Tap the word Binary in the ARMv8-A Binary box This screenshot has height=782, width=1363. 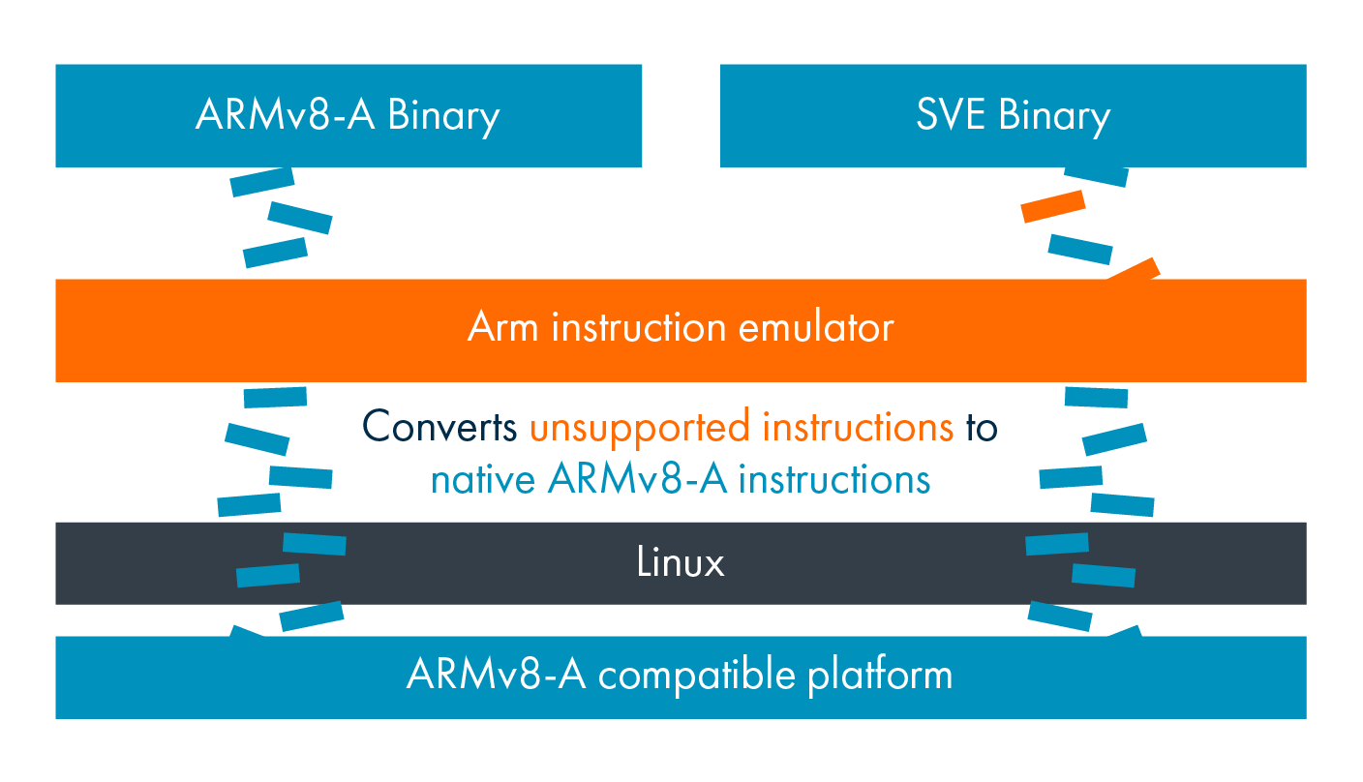pos(443,117)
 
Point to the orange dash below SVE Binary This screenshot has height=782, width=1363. pos(1053,206)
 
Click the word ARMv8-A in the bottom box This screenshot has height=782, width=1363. pos(497,675)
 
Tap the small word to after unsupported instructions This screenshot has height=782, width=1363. pos(981,427)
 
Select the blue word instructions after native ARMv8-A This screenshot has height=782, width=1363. pos(834,479)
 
